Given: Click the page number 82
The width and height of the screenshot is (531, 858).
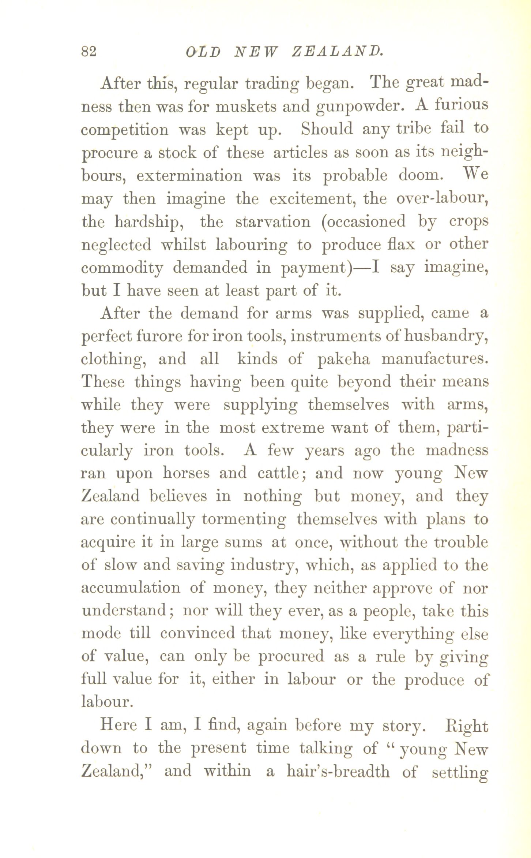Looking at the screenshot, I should point(89,51).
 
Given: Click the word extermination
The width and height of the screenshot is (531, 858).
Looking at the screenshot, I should point(189,176).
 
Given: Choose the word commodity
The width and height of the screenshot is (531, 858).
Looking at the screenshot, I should point(122,268).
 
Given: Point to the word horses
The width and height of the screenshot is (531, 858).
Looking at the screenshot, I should point(186,473).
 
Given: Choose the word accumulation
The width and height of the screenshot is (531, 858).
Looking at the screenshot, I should point(131,588).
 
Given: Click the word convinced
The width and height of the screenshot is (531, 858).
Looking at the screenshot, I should point(197,634).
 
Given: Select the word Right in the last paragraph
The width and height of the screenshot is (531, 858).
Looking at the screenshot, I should point(466,726).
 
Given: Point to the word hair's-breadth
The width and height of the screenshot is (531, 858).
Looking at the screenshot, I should point(338,772).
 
